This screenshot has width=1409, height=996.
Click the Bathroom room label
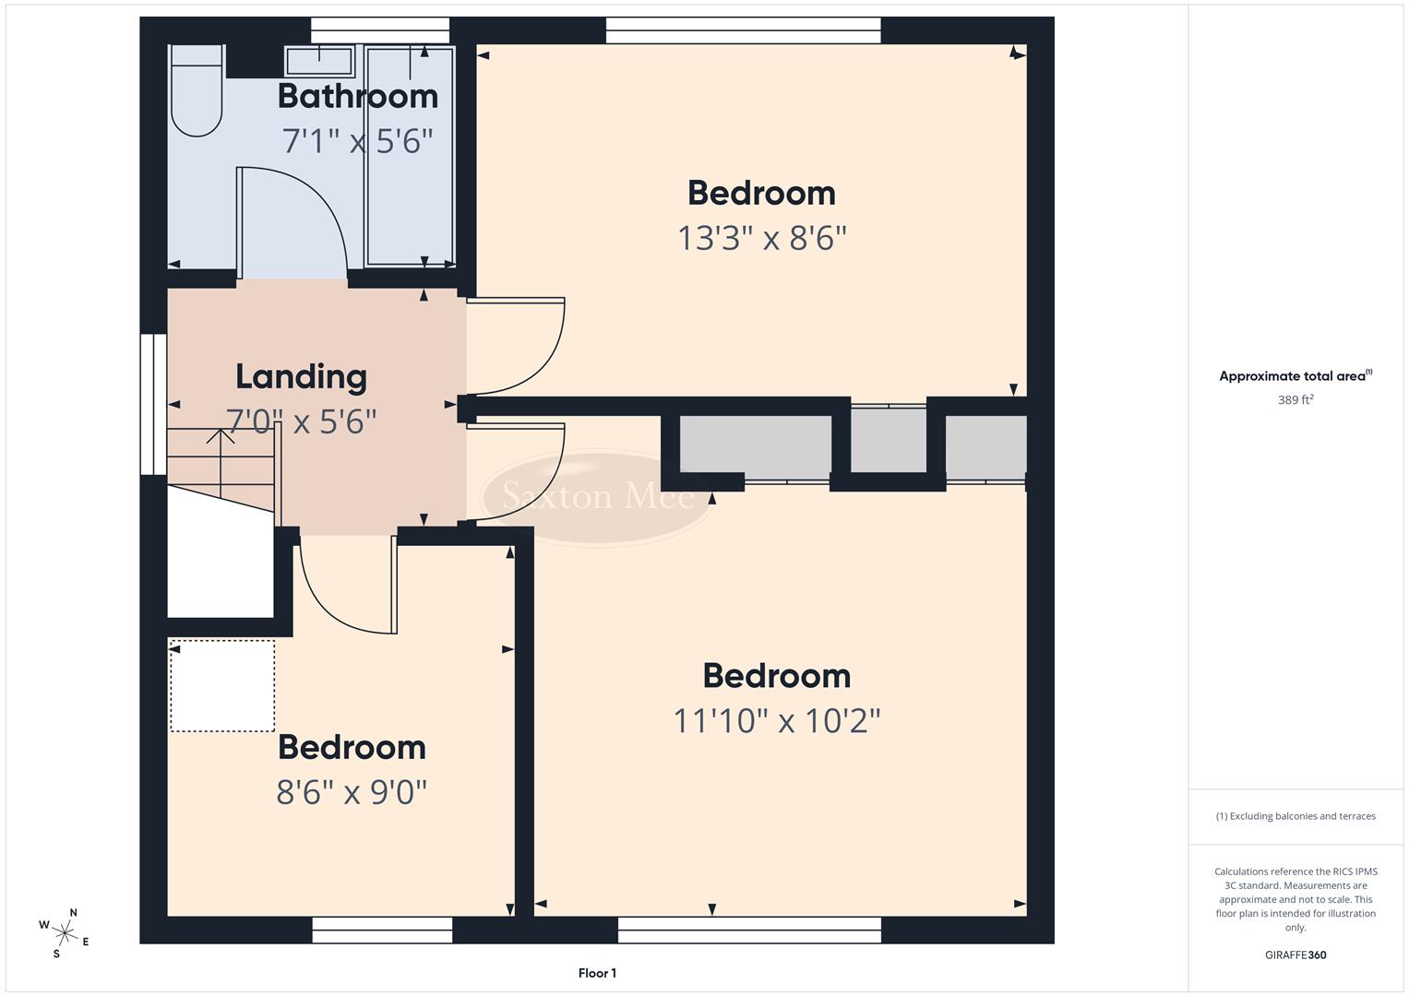click(357, 96)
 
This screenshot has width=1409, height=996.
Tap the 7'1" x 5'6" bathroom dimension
click(357, 141)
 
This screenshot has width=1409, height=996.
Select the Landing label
click(301, 376)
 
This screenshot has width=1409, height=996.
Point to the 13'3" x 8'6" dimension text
click(762, 238)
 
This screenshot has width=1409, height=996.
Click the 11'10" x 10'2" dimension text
click(777, 720)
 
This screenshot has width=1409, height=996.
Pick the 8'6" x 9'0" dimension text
click(352, 792)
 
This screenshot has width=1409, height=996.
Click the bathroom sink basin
click(319, 62)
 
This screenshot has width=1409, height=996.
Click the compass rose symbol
click(65, 933)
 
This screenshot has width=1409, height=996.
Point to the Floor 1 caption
click(597, 973)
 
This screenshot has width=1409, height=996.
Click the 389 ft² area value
click(1296, 400)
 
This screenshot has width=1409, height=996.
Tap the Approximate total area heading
click(1296, 376)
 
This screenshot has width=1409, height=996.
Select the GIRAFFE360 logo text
click(1296, 955)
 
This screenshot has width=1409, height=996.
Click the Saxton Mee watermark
click(597, 497)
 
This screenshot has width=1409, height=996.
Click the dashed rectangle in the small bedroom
click(222, 686)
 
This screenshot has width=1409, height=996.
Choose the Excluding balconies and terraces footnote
click(1296, 816)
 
